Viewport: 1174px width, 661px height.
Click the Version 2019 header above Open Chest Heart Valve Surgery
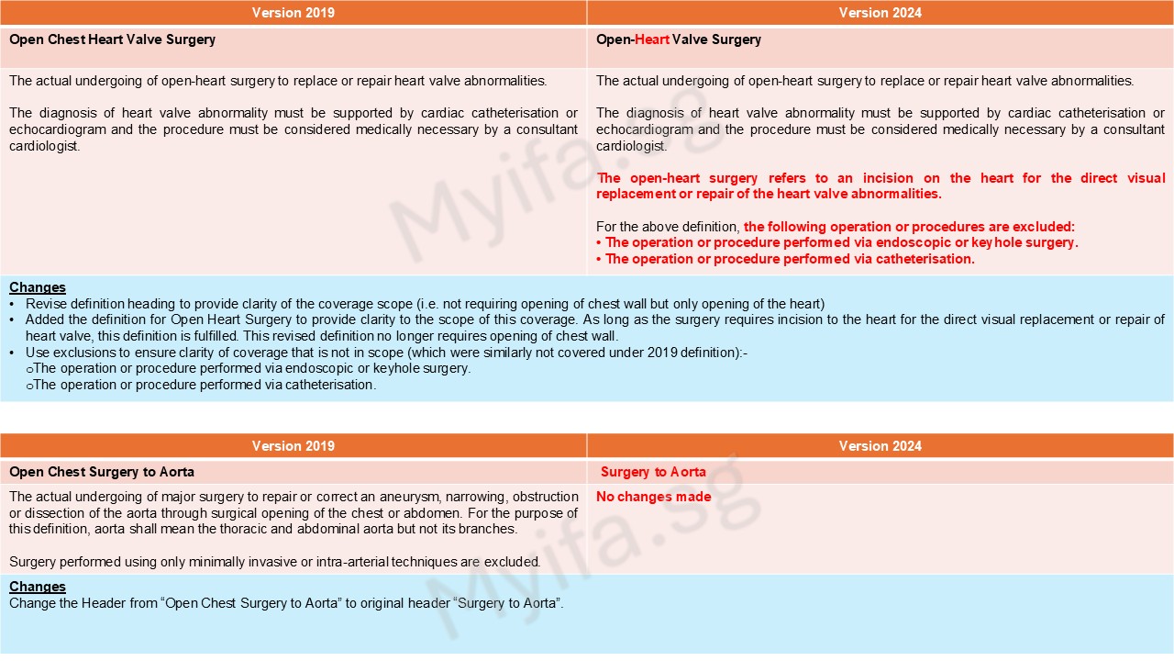tap(293, 13)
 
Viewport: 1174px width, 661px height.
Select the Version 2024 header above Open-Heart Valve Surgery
tap(880, 13)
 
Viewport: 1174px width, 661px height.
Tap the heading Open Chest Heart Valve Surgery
tap(112, 39)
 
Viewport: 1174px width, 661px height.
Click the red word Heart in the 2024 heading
tap(652, 39)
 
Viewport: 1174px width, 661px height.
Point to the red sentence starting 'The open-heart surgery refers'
tap(880, 185)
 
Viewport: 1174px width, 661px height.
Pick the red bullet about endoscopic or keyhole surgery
tap(841, 242)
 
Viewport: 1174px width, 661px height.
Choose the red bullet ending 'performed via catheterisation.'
tap(789, 259)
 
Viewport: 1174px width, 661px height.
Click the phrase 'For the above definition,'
tap(668, 226)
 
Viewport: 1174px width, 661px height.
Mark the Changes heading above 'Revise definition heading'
tap(38, 287)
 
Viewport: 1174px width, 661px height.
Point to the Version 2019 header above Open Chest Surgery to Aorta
tap(293, 446)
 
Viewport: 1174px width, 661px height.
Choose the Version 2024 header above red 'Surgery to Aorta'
tap(880, 446)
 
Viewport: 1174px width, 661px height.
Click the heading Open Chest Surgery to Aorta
tap(102, 472)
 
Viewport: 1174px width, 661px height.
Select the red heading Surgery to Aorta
tap(653, 472)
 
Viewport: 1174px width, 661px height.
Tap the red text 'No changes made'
tap(653, 497)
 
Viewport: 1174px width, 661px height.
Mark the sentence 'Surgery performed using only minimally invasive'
tap(274, 561)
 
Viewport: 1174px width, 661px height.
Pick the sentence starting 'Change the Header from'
tap(286, 603)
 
